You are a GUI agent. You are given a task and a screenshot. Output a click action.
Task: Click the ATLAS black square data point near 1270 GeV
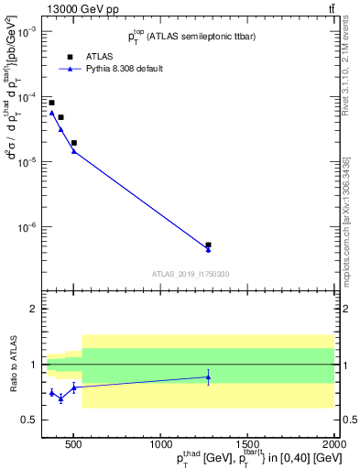click(x=208, y=245)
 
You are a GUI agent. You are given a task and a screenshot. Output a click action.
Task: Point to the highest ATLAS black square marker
click(x=51, y=103)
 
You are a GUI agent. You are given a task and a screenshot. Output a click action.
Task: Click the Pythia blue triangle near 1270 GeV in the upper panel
click(x=208, y=250)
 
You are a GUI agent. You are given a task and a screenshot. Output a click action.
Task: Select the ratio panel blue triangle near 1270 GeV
click(x=208, y=376)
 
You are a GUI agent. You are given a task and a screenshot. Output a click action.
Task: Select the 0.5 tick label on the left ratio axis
click(x=30, y=420)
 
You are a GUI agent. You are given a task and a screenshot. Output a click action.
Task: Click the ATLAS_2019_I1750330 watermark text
click(x=190, y=273)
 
